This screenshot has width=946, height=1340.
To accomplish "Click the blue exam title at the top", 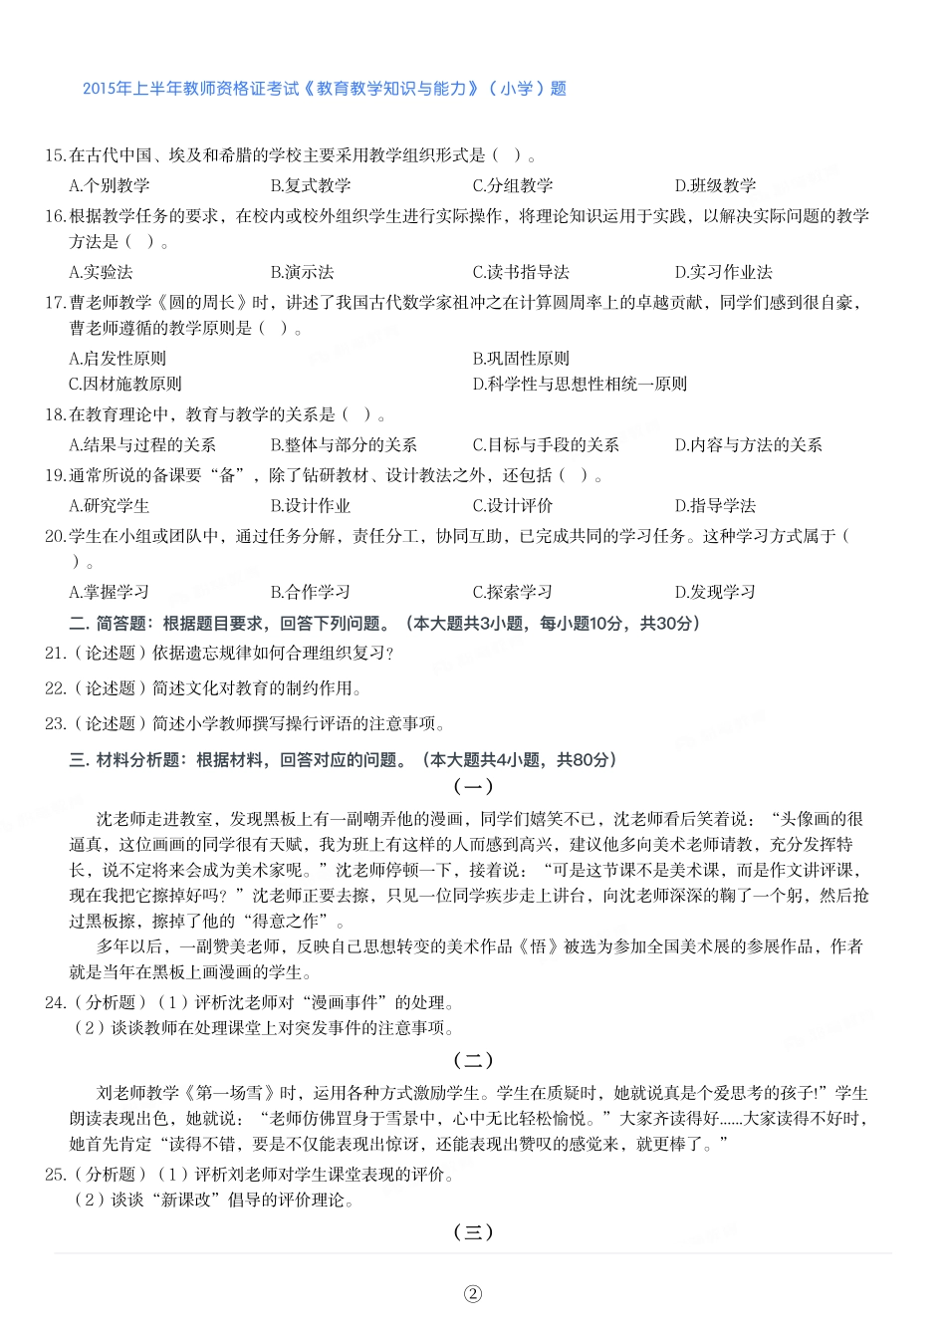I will coord(325,89).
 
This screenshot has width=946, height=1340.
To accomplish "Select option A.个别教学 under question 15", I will coord(110,185).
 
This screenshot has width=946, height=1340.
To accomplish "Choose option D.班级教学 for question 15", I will coord(715,185).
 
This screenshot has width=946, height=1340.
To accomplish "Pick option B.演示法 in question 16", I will coord(302,272).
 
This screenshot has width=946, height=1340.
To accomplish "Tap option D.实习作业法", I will coord(723,272).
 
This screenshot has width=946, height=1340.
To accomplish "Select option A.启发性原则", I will coord(118,359).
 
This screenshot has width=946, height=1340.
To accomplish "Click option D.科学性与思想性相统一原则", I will coord(580,384).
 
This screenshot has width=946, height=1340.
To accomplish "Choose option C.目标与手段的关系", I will coord(546,445).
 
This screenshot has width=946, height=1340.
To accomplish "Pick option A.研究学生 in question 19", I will coord(110,506).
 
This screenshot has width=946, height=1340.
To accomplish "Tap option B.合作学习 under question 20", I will coord(311,592).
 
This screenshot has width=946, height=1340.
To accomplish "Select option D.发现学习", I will coord(715,592).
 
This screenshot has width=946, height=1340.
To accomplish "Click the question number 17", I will coord(55,303).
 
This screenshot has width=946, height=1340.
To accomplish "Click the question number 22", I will coord(55,688).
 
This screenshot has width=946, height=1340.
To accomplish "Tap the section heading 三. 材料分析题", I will coord(124,760).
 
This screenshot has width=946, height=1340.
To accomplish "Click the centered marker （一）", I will coord(473,787).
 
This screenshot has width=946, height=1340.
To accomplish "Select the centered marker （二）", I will coord(473,1061).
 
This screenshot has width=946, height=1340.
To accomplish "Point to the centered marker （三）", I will coord(473,1232).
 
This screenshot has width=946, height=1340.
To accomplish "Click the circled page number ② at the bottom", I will coord(473,1294).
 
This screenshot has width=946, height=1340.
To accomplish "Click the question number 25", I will coord(55,1175).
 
